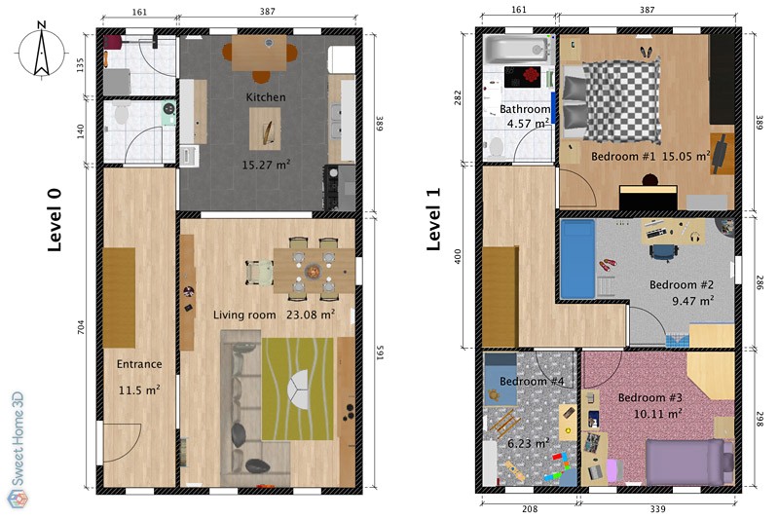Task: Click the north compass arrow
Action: tap(43, 52)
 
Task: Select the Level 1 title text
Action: tap(435, 219)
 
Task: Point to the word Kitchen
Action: tap(266, 97)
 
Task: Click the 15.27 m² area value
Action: tap(266, 165)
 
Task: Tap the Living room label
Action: tap(245, 315)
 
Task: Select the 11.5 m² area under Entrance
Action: tap(139, 389)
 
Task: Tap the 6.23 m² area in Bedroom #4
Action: tap(528, 442)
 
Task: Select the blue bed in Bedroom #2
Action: tap(576, 259)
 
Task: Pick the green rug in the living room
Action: tap(297, 388)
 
